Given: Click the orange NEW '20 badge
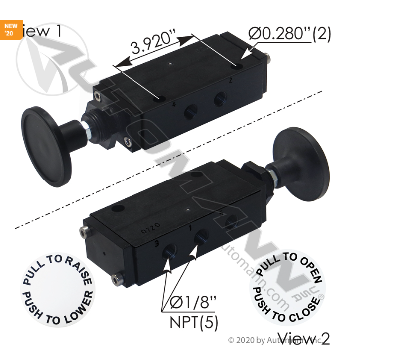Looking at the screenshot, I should tap(11, 30).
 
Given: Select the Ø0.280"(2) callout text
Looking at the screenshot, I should tap(289, 34).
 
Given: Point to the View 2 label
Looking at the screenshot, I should tap(304, 338).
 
